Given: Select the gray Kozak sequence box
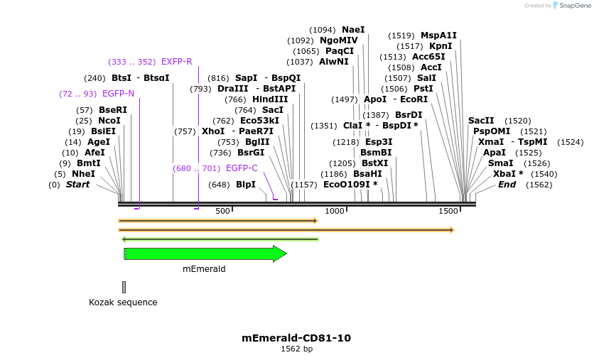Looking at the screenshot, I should (x=124, y=287).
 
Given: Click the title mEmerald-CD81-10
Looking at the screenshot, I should (x=296, y=338).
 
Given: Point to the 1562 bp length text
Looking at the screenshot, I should (x=296, y=349).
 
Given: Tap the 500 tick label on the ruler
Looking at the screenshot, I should (x=222, y=211).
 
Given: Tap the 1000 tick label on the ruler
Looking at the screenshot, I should (x=334, y=211).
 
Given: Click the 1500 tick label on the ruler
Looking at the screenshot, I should (x=448, y=211).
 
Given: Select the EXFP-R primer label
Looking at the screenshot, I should (x=176, y=62).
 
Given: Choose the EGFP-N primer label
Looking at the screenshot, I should (x=118, y=94).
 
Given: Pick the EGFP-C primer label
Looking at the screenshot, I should (x=242, y=168).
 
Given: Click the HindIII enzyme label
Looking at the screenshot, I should (x=270, y=99).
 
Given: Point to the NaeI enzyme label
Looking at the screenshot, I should (x=353, y=30).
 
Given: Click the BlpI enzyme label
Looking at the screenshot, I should (x=246, y=185).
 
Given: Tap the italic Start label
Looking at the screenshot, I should (x=78, y=185).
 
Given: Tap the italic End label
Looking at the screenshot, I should (x=507, y=185).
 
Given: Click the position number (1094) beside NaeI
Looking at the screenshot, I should (x=323, y=30).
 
